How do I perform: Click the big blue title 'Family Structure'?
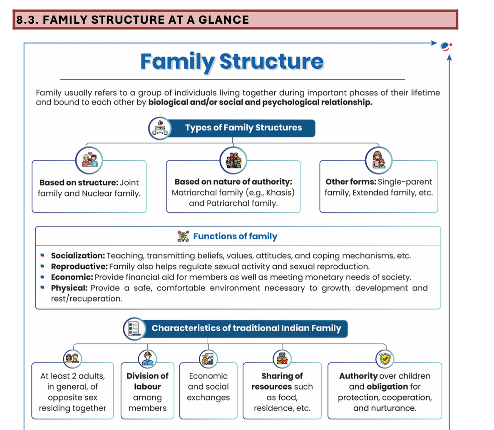pyautogui.click(x=232, y=61)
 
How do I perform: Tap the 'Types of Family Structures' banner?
pyautogui.click(x=243, y=128)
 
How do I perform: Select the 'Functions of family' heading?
pyautogui.click(x=235, y=236)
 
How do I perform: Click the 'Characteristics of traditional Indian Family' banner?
pyautogui.click(x=246, y=328)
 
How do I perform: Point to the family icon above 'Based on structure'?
pyautogui.click(x=89, y=160)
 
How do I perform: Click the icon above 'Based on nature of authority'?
pyautogui.click(x=233, y=160)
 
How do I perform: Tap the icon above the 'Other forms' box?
pyautogui.click(x=378, y=160)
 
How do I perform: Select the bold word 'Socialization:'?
pyautogui.click(x=78, y=256)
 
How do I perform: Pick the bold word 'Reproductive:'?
pyautogui.click(x=79, y=267)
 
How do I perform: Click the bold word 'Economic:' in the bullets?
pyautogui.click(x=72, y=277)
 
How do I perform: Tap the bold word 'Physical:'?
pyautogui.click(x=69, y=288)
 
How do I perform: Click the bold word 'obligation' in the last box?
pyautogui.click(x=387, y=387)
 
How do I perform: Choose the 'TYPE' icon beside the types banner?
pyautogui.click(x=160, y=128)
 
